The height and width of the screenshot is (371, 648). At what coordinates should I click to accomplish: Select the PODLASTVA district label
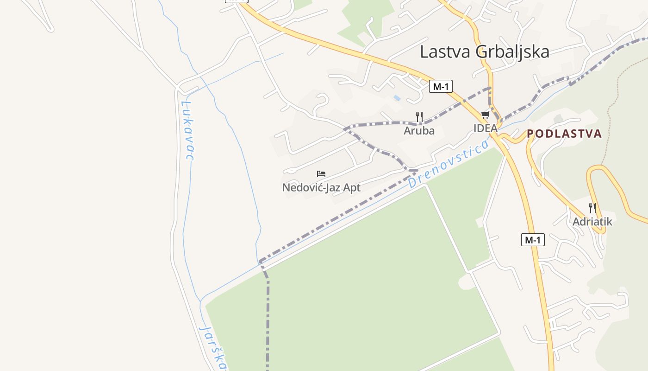coord(564,134)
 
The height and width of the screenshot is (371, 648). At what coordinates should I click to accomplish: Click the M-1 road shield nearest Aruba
coord(440,86)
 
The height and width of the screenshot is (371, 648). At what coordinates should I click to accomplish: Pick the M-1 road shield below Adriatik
coord(533,240)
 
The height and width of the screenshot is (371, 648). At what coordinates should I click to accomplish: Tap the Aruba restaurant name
coord(419,131)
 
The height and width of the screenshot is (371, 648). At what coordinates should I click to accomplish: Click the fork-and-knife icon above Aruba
coord(419,116)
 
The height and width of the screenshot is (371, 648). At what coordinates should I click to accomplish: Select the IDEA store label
coord(485,128)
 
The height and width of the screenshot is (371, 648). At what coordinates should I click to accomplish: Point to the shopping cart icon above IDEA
coord(485,115)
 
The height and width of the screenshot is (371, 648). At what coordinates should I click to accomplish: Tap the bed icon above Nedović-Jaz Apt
coord(321,174)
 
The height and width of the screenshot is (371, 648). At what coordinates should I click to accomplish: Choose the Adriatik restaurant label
coord(592,222)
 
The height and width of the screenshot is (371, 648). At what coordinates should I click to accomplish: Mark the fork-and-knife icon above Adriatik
coord(592,207)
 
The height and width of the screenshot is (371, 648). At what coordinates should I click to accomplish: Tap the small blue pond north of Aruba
coord(397,98)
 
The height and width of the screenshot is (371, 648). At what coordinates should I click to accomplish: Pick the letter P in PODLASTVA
coord(530,134)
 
